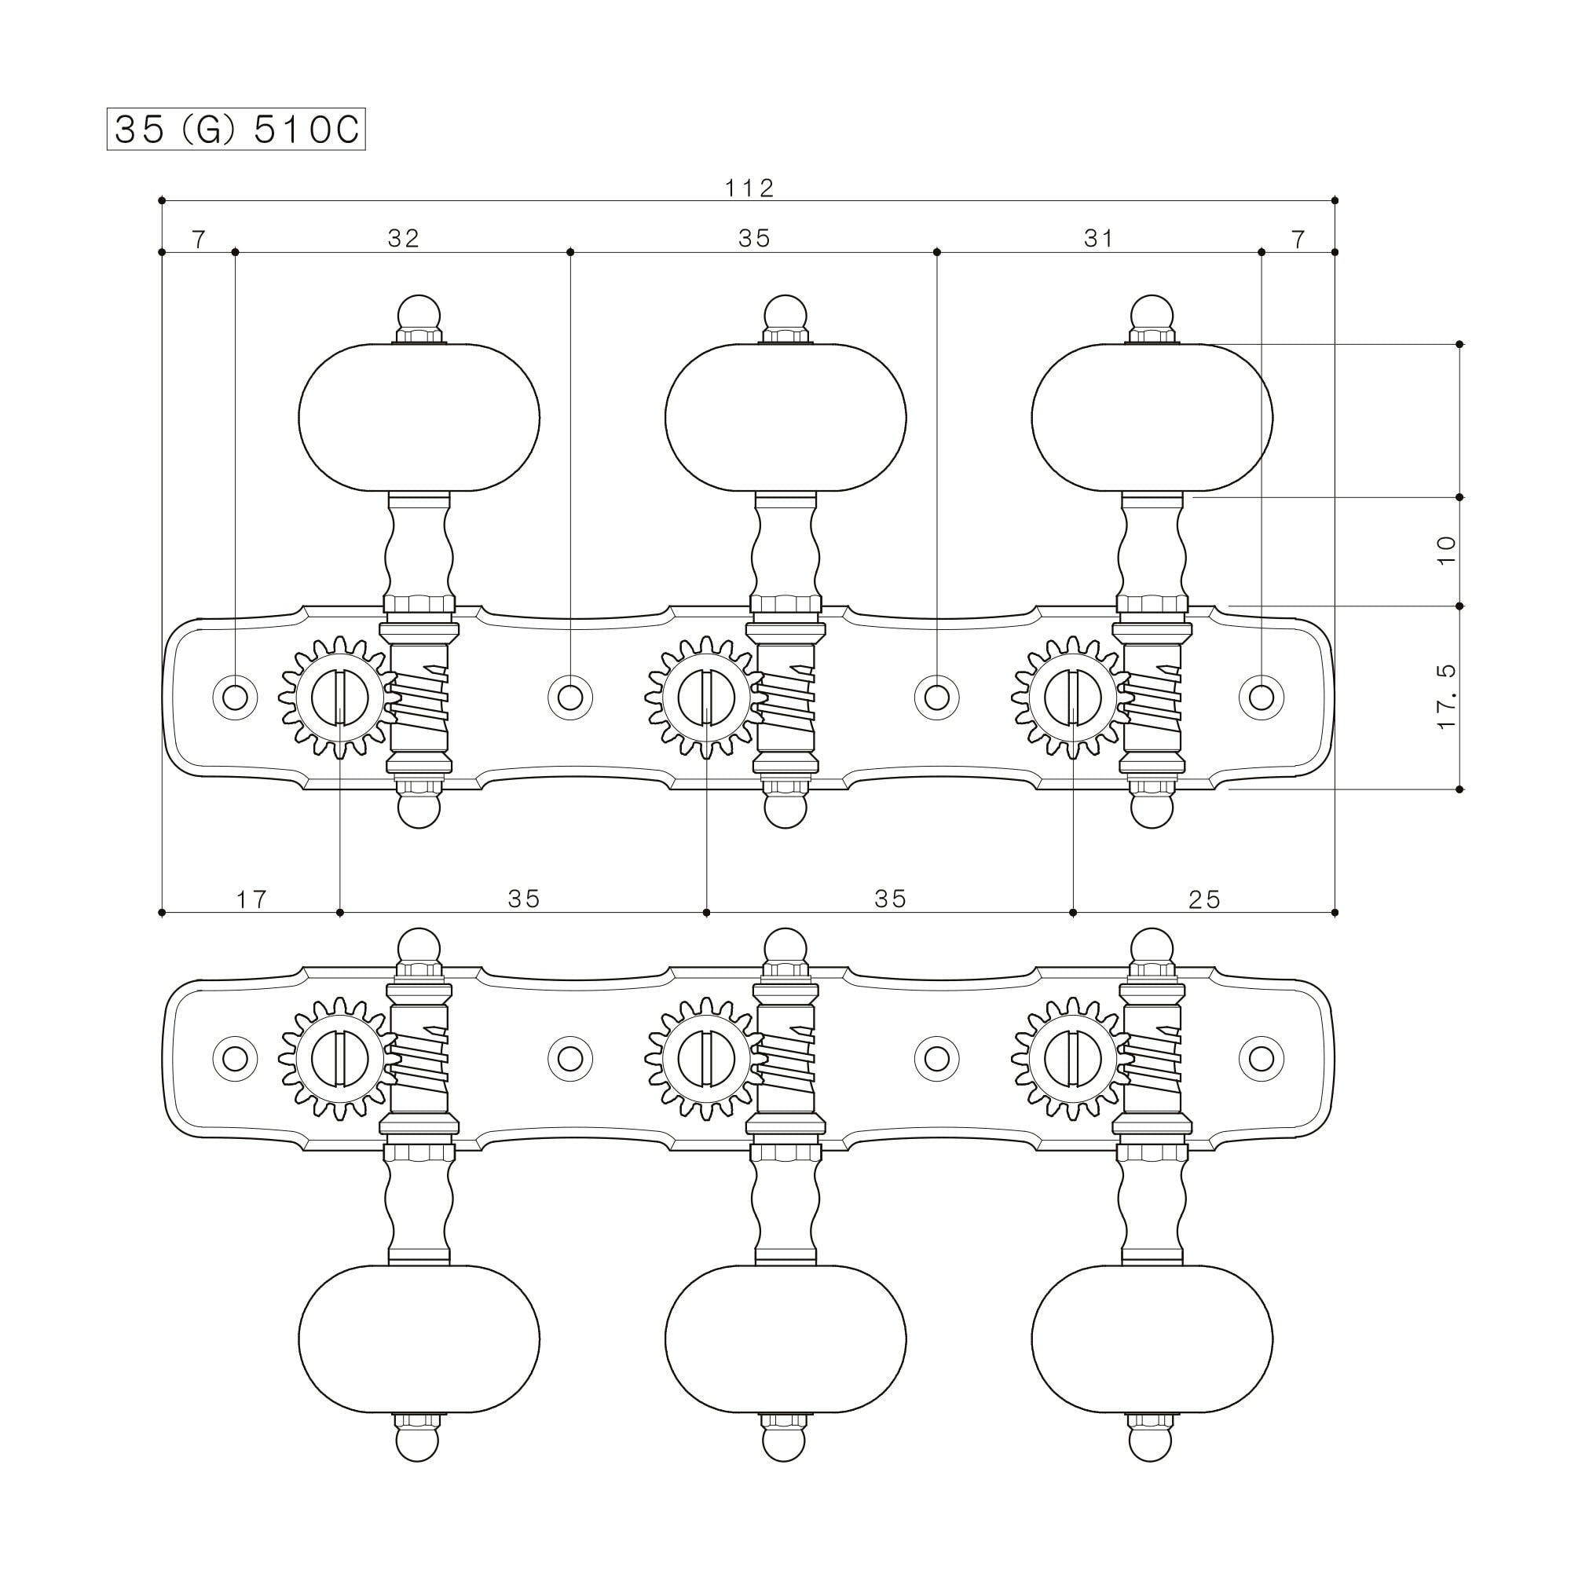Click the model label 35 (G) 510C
click(x=236, y=130)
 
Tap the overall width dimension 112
click(x=749, y=188)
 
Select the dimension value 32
click(x=403, y=238)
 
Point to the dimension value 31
click(x=1099, y=238)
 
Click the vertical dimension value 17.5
click(x=1447, y=697)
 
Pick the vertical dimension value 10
click(x=1447, y=551)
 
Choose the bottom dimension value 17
click(x=251, y=899)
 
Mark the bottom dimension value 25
click(x=1204, y=899)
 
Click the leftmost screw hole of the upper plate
click(x=235, y=697)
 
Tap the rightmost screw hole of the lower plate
click(x=1262, y=1059)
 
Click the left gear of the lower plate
click(x=339, y=1059)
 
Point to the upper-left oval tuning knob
click(x=419, y=417)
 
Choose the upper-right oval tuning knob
click(x=1152, y=417)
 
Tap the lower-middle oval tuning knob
click(x=785, y=1338)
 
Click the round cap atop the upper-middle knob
click(x=785, y=313)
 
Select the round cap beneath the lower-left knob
click(x=419, y=1445)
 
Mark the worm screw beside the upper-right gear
click(x=1152, y=698)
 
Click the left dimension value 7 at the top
click(x=200, y=238)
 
